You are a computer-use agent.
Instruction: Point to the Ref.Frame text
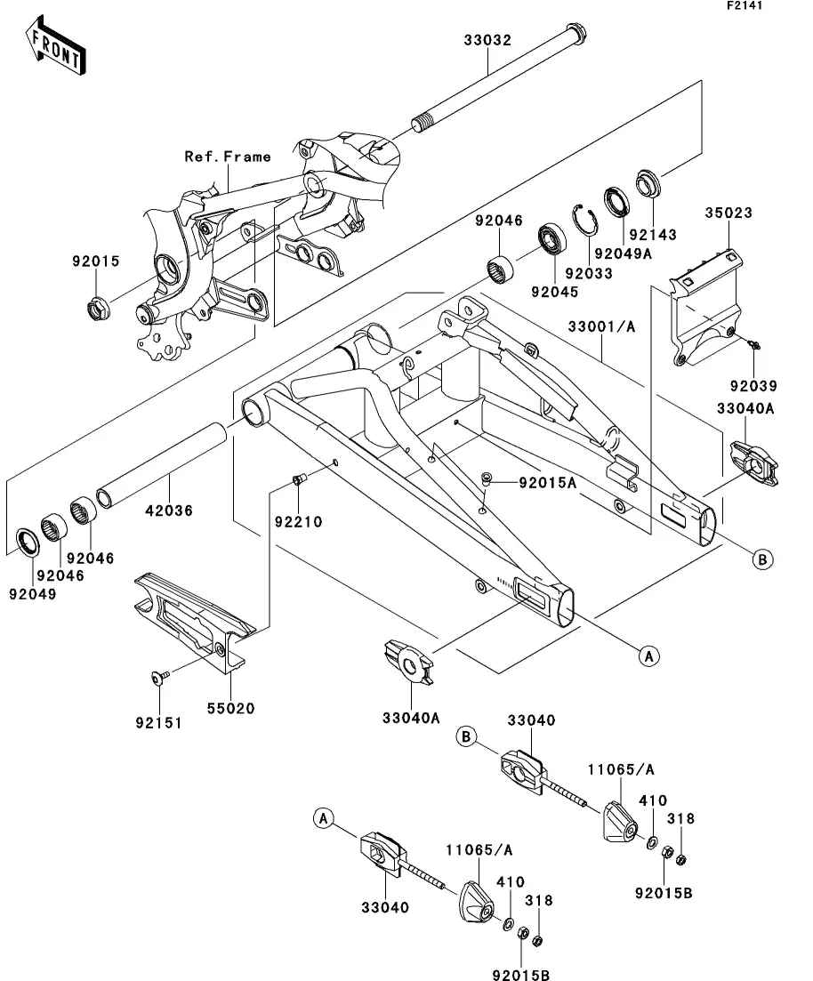tap(228, 157)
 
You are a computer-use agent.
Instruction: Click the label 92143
tap(653, 235)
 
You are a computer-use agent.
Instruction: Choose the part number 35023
tap(729, 213)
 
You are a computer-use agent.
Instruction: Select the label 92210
tap(298, 521)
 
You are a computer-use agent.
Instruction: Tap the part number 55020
tap(231, 709)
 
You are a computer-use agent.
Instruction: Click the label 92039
tap(753, 386)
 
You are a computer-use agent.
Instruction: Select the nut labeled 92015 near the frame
tap(96, 309)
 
